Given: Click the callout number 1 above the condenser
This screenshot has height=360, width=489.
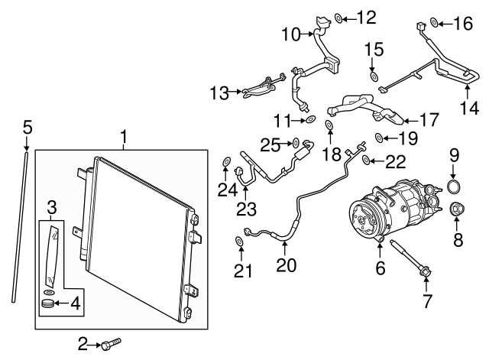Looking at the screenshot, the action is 124,137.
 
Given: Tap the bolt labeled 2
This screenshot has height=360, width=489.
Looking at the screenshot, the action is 111,343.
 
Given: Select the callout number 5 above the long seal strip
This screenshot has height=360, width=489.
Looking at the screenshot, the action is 28,128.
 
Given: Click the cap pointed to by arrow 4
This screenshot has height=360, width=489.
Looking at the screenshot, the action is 47,303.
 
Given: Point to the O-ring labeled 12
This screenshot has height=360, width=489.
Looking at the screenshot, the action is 338,18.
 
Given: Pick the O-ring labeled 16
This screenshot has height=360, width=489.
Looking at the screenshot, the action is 434,22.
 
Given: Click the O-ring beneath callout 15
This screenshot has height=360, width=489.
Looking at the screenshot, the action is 374,76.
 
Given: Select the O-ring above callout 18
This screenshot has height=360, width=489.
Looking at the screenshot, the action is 329,125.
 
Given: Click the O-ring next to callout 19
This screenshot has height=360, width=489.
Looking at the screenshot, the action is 379,138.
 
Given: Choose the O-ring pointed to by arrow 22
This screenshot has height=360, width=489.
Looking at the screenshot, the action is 367,160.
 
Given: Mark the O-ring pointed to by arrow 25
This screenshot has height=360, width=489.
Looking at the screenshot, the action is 296,143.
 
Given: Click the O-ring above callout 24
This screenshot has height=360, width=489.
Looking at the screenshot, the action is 226,161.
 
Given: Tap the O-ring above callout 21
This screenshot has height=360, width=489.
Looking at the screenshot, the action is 239,241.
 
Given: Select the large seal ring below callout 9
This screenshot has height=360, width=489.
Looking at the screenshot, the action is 454,186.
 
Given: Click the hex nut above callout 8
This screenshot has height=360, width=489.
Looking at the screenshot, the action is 457,209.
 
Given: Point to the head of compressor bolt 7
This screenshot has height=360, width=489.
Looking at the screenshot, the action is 426,271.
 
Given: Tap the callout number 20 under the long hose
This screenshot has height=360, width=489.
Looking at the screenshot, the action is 286,265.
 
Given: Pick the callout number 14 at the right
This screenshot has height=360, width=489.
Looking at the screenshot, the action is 469,108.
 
